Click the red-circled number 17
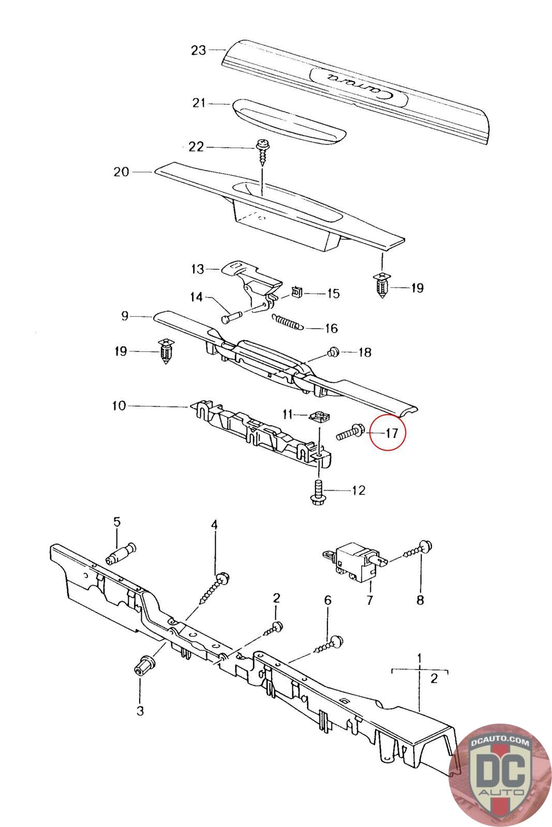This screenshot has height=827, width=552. [x=392, y=432]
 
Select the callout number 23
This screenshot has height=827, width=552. [x=199, y=50]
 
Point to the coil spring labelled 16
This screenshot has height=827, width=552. [x=286, y=323]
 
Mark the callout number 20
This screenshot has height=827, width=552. [x=122, y=172]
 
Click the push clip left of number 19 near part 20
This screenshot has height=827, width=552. [x=381, y=286]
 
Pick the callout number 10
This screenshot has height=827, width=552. [x=119, y=406]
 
